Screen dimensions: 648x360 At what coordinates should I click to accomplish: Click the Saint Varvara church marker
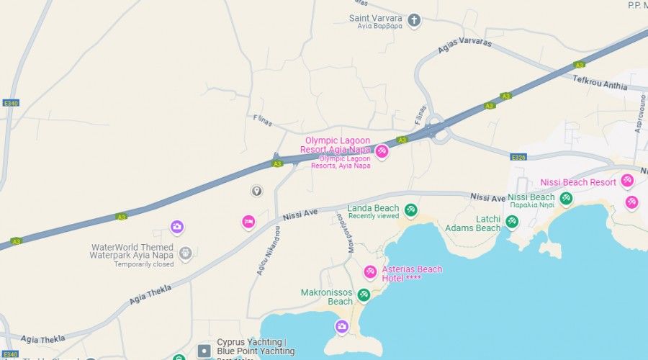[x=414, y=19]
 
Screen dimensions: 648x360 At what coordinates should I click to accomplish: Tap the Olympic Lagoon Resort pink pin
[x=382, y=150]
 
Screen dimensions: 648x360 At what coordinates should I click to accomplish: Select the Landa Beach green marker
[x=411, y=210]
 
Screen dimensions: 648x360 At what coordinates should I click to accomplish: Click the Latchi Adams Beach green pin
[x=512, y=221]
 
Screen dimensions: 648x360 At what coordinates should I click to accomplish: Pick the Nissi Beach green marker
[x=567, y=198]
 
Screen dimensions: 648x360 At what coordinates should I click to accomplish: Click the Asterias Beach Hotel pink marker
[x=370, y=271]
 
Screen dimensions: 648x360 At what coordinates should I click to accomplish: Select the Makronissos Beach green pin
[x=364, y=294]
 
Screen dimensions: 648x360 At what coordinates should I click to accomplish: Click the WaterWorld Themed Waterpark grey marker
[x=185, y=253]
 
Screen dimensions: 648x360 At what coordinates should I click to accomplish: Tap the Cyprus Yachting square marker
[x=204, y=351]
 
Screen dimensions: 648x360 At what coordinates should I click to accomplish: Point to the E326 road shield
[x=518, y=156]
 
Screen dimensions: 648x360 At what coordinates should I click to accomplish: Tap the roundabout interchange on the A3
[x=435, y=130]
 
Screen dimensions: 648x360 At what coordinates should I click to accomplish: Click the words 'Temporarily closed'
[x=143, y=264]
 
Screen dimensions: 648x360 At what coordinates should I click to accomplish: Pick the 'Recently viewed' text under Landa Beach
[x=373, y=216]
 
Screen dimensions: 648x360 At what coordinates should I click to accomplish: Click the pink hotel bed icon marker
[x=248, y=222]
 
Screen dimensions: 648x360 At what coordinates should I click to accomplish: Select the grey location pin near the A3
[x=256, y=191]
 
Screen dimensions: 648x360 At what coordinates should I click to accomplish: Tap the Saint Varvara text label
[x=375, y=18]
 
